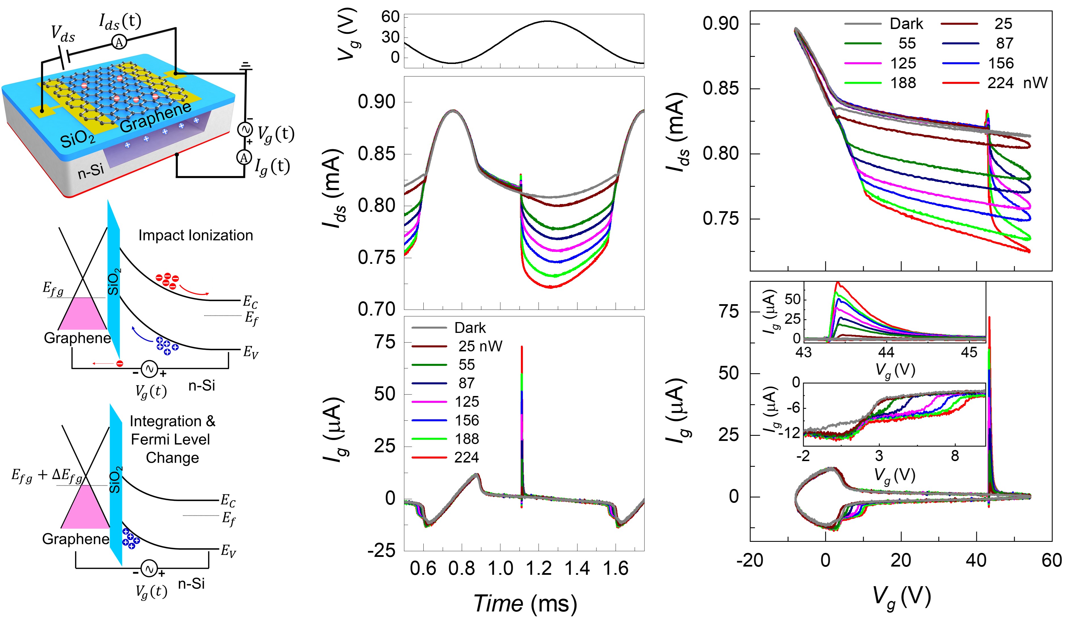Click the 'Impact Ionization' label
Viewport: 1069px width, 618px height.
196,235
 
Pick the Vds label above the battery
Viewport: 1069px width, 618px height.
63,34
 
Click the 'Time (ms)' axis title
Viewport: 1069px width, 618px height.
525,603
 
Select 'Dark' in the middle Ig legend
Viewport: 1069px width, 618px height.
470,328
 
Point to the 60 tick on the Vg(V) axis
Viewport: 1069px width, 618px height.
390,17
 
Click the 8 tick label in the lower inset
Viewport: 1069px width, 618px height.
954,456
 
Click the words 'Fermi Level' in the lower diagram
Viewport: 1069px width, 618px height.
170,439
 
